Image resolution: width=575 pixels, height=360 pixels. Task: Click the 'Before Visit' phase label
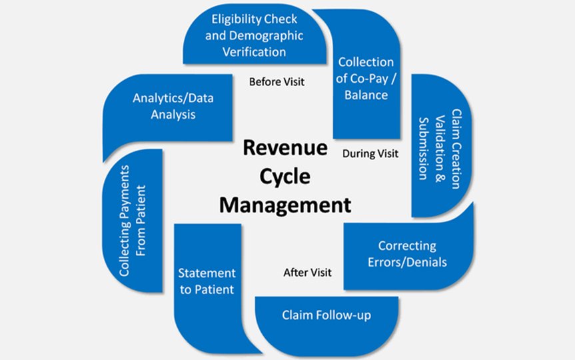276,83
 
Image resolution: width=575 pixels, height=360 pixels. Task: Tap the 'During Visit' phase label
370,153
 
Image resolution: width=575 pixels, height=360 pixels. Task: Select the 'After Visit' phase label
307,272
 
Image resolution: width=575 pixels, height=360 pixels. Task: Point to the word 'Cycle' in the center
285,175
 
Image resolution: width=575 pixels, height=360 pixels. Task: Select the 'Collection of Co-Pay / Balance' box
365,79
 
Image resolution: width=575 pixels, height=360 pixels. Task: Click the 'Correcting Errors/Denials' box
407,254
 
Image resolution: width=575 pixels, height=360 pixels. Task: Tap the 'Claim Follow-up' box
326,314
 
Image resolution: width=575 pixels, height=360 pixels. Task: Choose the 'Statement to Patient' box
207,281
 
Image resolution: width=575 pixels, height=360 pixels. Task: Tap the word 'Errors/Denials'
407,261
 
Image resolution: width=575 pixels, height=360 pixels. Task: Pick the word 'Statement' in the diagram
207,273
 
